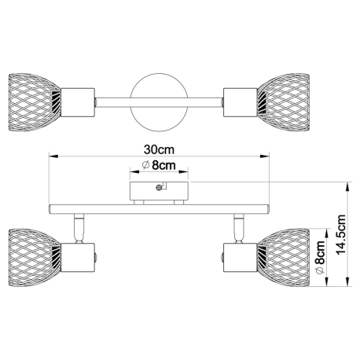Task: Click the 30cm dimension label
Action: (159, 149)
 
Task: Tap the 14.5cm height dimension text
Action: (341, 234)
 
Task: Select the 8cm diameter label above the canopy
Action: (159, 165)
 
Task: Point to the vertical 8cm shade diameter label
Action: (320, 256)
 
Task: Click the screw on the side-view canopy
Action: (159, 187)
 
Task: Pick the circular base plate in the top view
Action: (159, 102)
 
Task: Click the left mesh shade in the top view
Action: (35, 102)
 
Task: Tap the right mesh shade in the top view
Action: (284, 102)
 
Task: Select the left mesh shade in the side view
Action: (35, 258)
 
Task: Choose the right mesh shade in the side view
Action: (284, 258)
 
